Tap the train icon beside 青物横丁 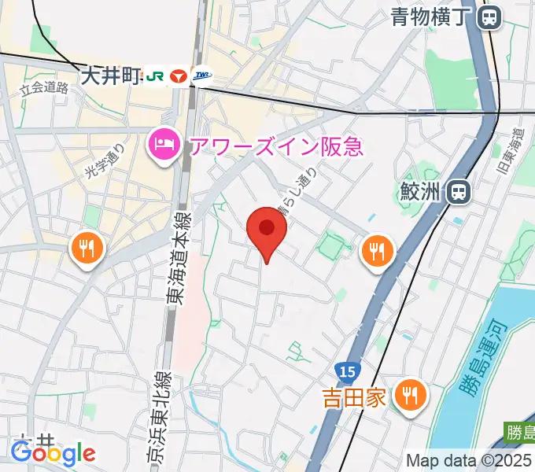point(489,16)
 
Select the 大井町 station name point(109,76)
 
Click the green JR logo point(155,76)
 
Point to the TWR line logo point(202,76)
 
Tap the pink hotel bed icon point(162,146)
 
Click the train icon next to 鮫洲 point(456,191)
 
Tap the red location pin point(267,229)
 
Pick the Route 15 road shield point(344,369)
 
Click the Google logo point(53,452)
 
